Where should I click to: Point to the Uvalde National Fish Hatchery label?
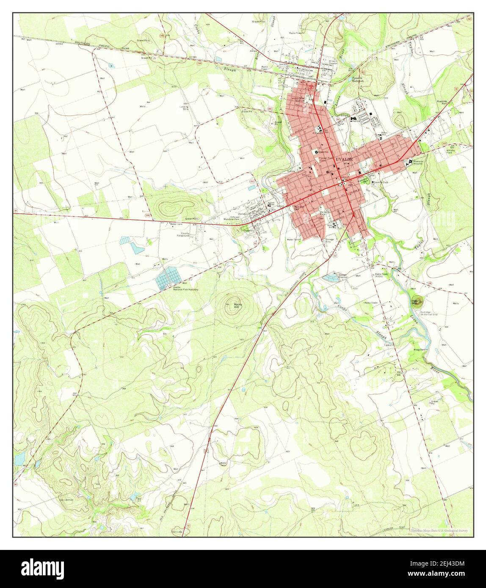(185, 288)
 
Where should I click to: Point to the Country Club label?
(379, 182)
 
